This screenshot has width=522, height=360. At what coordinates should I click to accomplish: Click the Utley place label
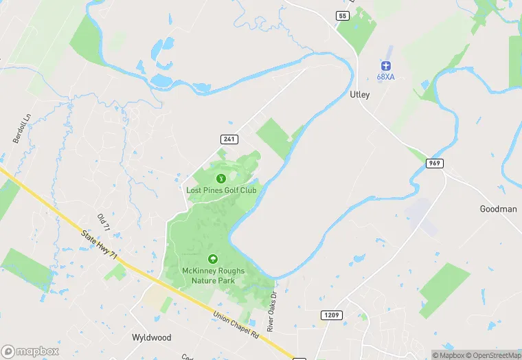[359, 95]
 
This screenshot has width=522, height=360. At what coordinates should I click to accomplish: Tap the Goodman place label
[498, 209]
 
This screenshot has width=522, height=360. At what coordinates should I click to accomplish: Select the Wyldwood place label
[151, 338]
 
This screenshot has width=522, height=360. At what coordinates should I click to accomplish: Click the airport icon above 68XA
[385, 65]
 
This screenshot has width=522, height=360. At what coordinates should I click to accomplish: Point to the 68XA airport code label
[385, 76]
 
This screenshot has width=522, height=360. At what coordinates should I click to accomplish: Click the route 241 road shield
[229, 139]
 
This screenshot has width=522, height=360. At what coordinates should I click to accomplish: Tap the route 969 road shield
[434, 163]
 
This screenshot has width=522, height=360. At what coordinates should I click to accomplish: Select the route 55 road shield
[343, 15]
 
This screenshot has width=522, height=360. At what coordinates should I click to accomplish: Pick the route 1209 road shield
[330, 314]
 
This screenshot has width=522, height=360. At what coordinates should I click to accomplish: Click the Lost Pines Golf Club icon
[221, 179]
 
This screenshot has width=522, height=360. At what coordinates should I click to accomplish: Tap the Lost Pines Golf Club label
[221, 190]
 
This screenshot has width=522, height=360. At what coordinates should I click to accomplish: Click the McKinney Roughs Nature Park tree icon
[213, 259]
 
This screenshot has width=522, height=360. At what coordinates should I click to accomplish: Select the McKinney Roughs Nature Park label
[213, 275]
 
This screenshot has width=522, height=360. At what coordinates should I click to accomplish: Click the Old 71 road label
[104, 223]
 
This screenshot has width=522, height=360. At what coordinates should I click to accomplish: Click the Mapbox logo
[30, 351]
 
